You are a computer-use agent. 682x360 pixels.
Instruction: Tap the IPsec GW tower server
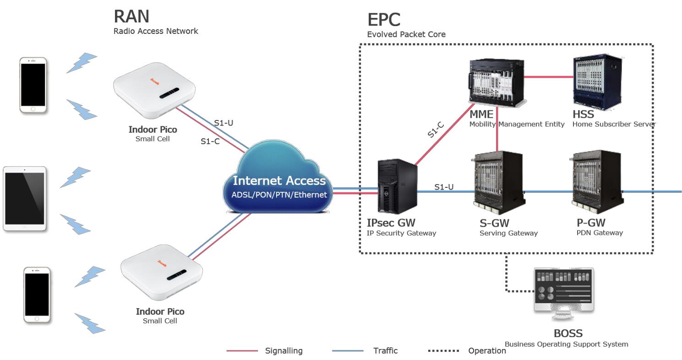pos(397,186)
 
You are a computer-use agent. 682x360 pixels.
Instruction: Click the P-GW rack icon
pos(597,182)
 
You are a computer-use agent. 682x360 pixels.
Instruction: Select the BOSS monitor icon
pos(564,294)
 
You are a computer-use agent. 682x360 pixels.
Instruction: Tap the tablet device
pos(25,199)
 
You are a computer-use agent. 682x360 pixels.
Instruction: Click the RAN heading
pos(131,16)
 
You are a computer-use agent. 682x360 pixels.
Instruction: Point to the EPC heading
pos(384,20)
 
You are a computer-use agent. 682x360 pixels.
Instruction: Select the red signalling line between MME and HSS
pos(548,77)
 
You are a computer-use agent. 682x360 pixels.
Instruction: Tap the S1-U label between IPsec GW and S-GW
pos(444,187)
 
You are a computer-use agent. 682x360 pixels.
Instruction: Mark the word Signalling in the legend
pos(284,351)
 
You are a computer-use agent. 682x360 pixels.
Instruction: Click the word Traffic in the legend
pos(385,351)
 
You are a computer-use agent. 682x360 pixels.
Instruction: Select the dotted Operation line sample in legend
pos(443,351)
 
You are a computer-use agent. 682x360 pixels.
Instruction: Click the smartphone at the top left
pos(33,85)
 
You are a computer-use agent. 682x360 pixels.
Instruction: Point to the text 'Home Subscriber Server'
pos(614,124)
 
